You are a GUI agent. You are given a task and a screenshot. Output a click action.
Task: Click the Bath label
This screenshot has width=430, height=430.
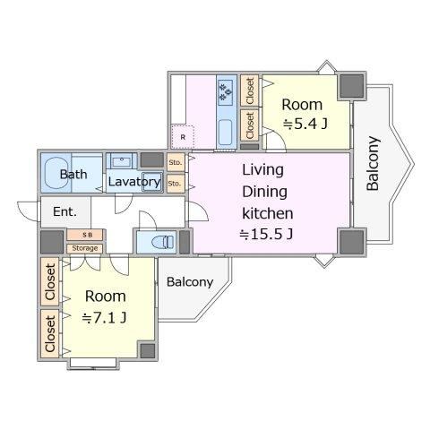coord(73,174)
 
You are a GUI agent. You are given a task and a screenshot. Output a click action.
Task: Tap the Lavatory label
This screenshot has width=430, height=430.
coord(134,182)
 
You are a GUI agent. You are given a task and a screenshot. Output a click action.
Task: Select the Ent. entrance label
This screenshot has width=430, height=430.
coord(64,211)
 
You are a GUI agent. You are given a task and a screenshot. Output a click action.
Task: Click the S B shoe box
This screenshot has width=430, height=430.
coord(85,235)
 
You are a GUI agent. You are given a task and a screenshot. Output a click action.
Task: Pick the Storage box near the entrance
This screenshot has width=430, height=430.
coord(85,248)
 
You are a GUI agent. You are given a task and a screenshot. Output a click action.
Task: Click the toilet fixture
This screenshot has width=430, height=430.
coord(163,242)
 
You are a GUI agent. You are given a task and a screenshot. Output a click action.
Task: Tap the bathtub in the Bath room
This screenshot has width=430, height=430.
coord(56,173)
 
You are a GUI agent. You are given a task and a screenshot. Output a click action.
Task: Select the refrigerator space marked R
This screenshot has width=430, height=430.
coord(183,137)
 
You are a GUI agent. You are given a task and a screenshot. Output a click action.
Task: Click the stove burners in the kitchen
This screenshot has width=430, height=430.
coord(226,92)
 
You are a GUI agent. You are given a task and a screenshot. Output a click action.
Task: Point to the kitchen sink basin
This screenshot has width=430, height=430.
coord(226,133)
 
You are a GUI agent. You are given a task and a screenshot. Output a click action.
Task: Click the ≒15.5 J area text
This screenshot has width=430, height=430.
coord(266,235)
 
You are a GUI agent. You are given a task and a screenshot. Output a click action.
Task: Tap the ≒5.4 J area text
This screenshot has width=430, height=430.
coord(305,124)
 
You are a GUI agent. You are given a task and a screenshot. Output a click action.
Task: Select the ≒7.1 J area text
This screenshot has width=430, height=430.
coord(104,318)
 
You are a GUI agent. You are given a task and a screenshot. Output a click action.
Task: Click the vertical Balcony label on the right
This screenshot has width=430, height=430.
coord(373,163)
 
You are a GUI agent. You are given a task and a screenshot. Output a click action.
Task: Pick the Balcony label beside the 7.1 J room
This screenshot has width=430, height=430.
coord(190,282)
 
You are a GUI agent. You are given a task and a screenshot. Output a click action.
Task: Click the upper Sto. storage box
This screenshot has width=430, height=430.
coord(176,163)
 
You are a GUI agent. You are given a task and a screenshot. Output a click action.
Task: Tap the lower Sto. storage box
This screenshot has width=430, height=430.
coord(176,184)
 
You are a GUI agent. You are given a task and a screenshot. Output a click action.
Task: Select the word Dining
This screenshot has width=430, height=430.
coord(264,193)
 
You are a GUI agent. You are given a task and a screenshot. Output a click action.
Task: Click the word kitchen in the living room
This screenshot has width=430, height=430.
coord(268,213)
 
